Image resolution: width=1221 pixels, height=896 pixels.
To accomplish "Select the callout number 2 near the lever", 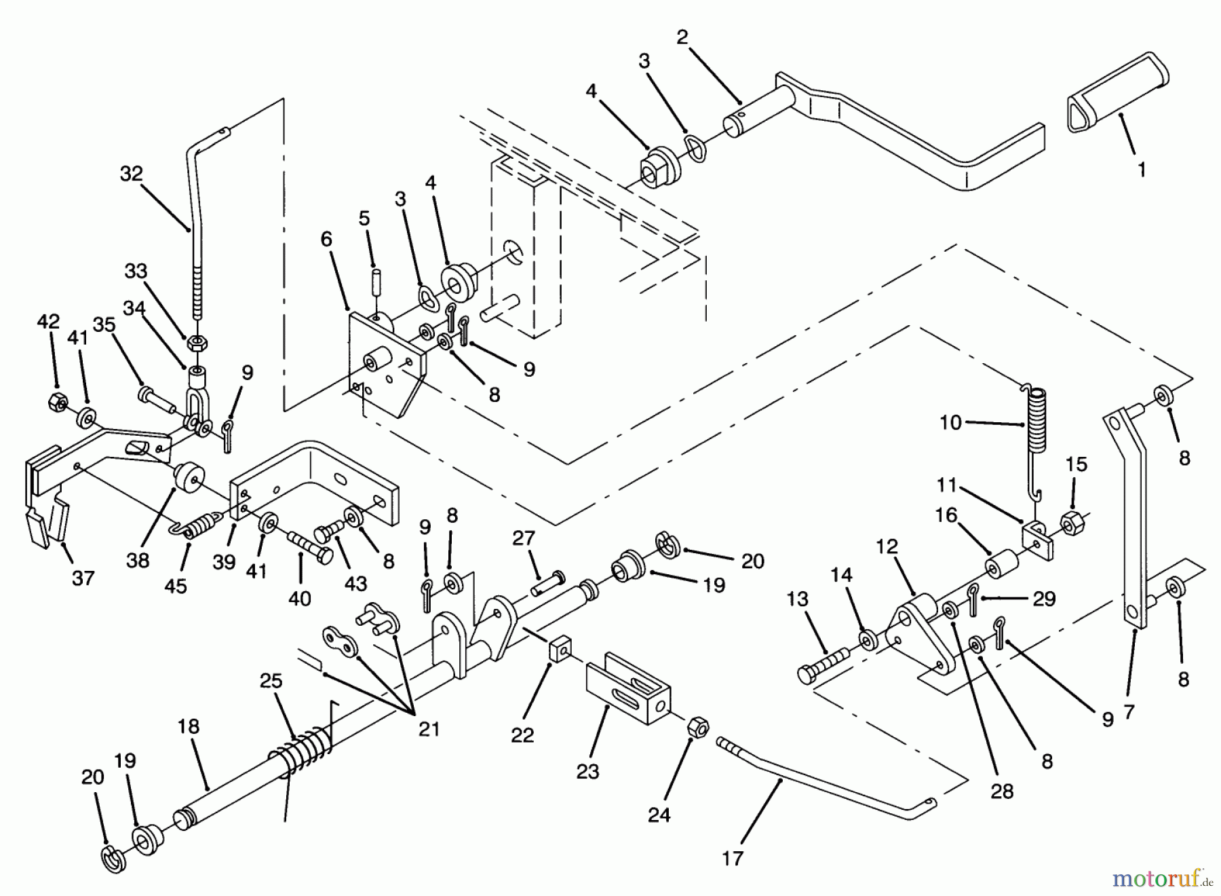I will coord(682,38).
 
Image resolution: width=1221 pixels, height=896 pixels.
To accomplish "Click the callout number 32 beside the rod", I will coord(132,174).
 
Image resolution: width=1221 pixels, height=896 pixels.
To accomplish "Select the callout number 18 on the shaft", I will coord(189,726).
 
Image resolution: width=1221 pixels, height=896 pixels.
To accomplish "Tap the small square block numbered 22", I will coord(558,652).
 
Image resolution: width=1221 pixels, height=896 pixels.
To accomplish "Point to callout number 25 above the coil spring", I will coord(271,681).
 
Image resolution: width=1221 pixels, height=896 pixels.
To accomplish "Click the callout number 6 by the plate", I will coord(326,239).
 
